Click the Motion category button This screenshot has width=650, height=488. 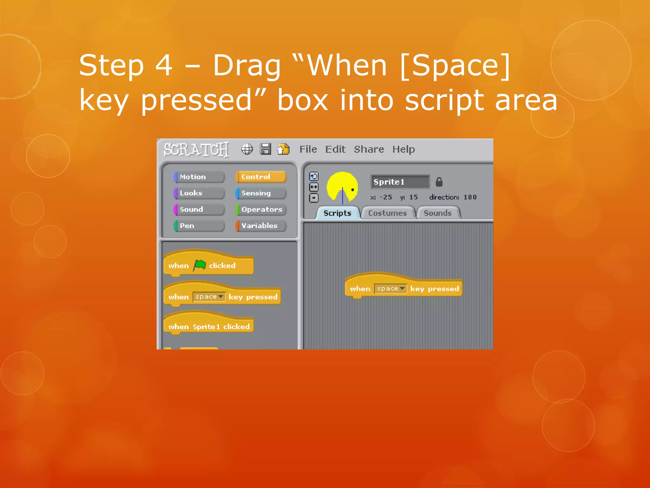click(199, 177)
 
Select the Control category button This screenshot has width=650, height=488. click(261, 177)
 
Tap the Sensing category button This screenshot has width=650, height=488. click(261, 193)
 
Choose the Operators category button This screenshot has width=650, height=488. click(261, 209)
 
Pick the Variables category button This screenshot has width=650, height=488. click(261, 226)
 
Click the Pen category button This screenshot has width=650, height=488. click(199, 226)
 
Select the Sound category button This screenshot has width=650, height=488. click(199, 209)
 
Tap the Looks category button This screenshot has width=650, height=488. click(199, 193)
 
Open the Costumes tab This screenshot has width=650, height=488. click(388, 213)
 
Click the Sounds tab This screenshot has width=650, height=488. click(438, 213)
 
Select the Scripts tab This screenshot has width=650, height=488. click(337, 213)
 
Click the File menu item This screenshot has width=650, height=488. click(308, 149)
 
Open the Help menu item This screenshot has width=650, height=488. click(403, 149)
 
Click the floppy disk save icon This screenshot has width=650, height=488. click(265, 149)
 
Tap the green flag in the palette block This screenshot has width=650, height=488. click(200, 265)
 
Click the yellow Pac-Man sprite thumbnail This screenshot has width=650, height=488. click(342, 187)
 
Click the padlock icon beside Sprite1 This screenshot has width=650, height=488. click(439, 182)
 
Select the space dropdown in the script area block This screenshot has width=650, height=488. click(390, 288)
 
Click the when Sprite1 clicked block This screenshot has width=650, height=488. click(209, 326)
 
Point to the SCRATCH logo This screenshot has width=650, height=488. click(196, 149)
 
